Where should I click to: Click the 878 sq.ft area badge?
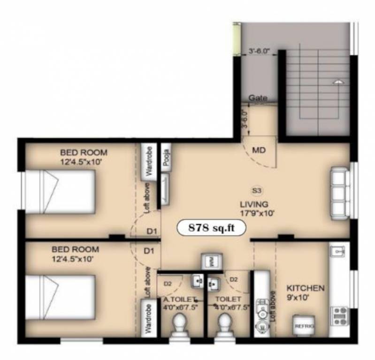211,228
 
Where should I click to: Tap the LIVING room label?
254,204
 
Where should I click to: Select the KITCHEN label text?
306,287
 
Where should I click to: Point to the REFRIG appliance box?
304,325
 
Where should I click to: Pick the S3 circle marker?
256,190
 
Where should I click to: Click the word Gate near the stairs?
258,98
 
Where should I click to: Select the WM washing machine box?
211,262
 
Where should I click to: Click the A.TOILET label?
176,299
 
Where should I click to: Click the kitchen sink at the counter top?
338,253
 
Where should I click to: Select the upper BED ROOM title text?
84,152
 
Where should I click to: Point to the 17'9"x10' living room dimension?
254,212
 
